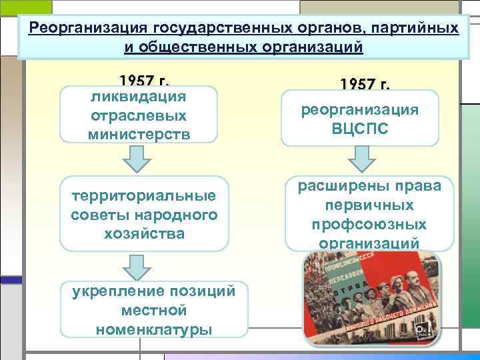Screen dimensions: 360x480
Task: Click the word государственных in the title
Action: [210, 29]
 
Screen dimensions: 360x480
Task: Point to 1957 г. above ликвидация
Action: [144, 81]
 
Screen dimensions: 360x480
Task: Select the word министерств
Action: [139, 133]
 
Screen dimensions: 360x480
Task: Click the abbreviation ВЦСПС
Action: [360, 127]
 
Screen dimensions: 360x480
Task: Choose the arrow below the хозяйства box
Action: [138, 266]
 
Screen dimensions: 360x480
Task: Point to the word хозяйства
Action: [140, 233]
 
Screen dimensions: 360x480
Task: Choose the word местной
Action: [154, 310]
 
